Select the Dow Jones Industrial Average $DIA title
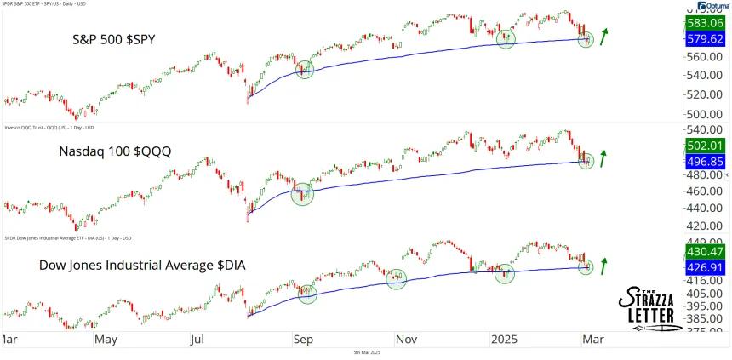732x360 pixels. coord(142,266)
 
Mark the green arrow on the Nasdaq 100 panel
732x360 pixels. coord(606,157)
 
